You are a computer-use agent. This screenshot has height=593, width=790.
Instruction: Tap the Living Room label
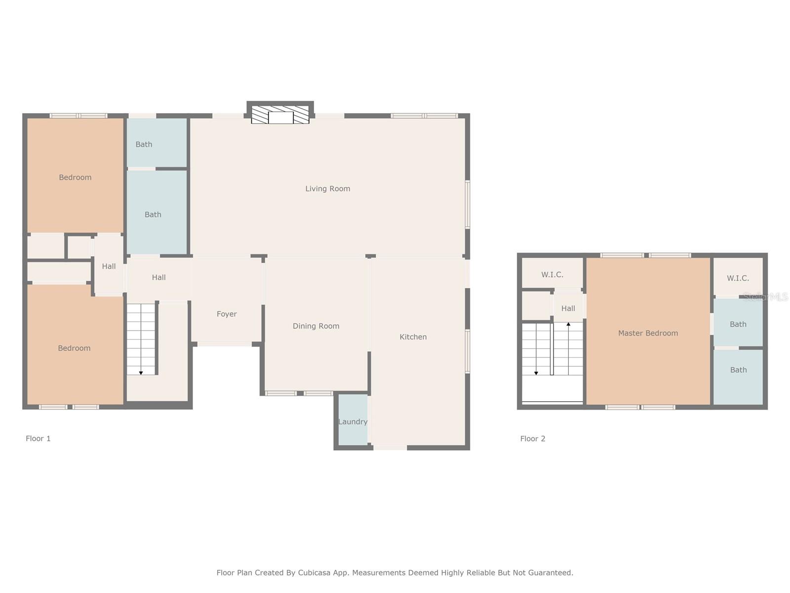point(327,189)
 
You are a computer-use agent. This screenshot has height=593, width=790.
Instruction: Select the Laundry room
point(353,422)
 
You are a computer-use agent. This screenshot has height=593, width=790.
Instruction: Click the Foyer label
point(227,314)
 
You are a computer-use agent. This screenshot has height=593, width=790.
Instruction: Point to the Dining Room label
point(316,326)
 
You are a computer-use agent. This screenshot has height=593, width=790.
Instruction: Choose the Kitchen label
point(413,337)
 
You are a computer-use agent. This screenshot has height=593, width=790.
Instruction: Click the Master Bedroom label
point(648,333)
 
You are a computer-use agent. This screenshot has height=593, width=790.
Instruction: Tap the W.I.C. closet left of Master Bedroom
point(552,275)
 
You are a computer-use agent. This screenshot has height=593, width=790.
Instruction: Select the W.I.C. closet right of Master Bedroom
point(738,278)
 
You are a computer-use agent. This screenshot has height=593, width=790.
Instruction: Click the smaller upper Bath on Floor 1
point(144,144)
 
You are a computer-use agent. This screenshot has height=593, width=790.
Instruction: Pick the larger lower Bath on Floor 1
point(153,214)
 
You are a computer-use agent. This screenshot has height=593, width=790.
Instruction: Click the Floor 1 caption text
point(38,438)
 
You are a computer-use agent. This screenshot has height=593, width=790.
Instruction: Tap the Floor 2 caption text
point(532,438)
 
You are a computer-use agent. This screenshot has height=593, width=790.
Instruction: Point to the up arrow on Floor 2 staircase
point(568,325)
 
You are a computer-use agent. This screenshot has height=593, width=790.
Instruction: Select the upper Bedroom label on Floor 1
point(75,177)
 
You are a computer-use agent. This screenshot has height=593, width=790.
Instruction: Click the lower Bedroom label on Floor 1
point(74,348)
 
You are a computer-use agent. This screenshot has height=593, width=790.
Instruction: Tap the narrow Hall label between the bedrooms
point(109,266)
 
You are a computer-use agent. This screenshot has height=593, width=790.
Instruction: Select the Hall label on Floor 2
point(568,308)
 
